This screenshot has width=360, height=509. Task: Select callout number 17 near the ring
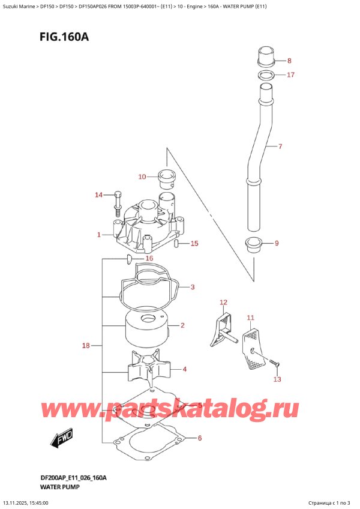[x=290, y=75]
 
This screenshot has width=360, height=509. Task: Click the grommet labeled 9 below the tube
[x=254, y=245]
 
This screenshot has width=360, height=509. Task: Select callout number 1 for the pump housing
[x=99, y=235]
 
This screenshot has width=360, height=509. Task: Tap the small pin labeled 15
[x=177, y=244]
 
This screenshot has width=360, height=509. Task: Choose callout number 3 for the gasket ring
[x=193, y=287]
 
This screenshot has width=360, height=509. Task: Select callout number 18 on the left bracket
[x=86, y=346]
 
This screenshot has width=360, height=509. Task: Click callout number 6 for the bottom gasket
[x=200, y=438]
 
